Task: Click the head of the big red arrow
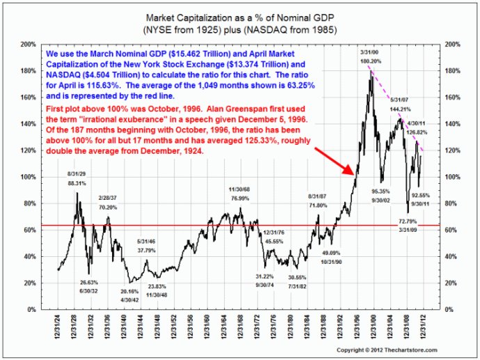[x=353, y=173]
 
